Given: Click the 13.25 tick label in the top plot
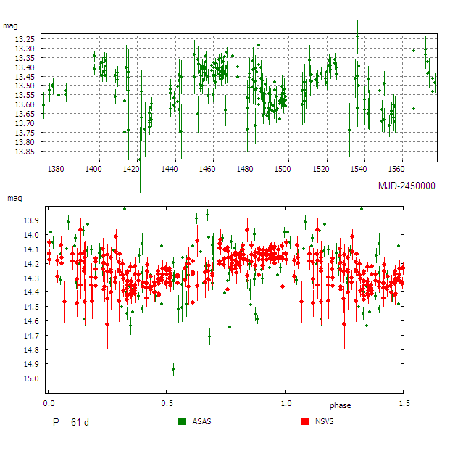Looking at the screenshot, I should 25,38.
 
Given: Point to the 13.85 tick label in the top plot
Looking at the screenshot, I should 25,152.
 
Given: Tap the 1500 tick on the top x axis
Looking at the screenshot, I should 282,169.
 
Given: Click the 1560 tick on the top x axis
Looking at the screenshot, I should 395,169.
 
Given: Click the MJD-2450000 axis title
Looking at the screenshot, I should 407,186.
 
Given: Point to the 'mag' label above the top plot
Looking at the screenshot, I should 10,26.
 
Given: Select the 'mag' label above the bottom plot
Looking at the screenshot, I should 14,197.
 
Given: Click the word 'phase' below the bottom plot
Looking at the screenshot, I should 340,405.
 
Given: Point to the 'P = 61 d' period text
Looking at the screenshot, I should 70,422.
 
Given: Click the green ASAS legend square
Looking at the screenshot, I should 182,421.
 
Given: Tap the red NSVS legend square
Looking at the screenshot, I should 304,421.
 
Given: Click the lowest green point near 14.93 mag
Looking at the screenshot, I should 172,369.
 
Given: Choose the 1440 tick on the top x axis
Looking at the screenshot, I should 169,169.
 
